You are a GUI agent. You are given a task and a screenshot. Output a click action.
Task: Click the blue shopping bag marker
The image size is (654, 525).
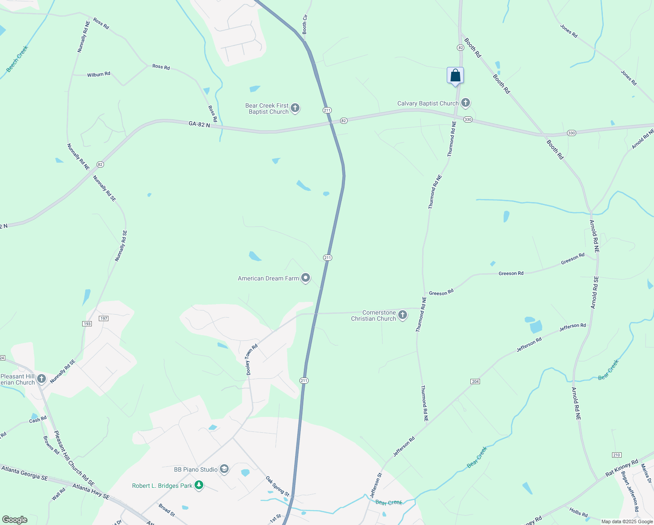pos(455,76)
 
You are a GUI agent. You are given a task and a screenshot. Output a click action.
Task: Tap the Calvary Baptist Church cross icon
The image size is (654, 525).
pos(466,103)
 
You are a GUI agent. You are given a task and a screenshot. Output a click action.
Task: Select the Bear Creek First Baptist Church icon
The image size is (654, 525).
pos(295,108)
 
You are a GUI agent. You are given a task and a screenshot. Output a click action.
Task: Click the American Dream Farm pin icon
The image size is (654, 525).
pos(306,278)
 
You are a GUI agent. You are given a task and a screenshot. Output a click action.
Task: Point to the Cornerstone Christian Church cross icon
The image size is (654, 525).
pos(403,315)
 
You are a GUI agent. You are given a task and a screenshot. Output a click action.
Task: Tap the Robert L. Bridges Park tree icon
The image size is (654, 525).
pos(199,485)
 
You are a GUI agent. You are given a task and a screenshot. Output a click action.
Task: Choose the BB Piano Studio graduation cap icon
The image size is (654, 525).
pos(224,469)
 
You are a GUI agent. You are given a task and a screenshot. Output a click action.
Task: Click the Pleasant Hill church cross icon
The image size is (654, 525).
pos(42,378)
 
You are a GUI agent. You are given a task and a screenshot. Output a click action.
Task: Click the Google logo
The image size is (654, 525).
pos(15,520)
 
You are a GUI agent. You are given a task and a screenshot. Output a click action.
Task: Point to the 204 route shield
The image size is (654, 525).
pos(476,381)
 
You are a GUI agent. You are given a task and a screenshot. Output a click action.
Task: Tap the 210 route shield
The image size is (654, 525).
pos(616,455)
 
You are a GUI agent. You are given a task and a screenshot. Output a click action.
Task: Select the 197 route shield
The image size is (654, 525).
pos(104,318)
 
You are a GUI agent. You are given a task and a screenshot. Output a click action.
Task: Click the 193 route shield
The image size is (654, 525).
pos(87,324)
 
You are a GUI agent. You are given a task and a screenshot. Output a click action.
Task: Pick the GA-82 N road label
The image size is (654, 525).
pos(199,125)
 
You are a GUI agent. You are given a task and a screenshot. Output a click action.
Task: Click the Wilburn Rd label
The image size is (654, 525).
pos(98,74)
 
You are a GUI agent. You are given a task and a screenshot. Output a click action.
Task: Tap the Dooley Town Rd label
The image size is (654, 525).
pos(252,360)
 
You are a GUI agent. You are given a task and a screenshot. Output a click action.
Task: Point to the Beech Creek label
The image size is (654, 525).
pos(17,59)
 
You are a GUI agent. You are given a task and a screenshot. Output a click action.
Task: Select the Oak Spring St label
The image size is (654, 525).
pos(277,486)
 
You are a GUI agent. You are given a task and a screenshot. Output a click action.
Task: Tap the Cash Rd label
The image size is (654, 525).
pos(38,420)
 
